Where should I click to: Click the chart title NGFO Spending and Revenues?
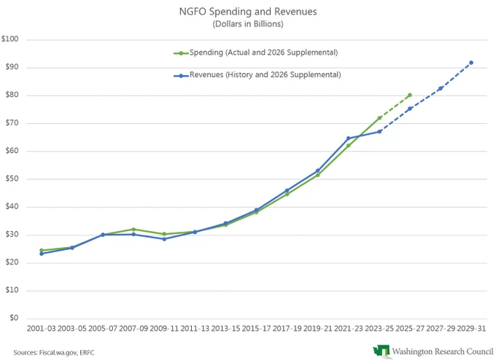click(248, 12)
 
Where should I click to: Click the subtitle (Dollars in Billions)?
click(248, 24)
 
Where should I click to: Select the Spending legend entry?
click(256, 52)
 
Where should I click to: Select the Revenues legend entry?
click(257, 75)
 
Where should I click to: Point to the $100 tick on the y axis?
click(9, 39)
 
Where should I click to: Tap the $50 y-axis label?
click(12, 179)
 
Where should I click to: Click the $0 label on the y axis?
click(14, 318)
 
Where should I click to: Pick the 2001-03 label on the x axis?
click(41, 329)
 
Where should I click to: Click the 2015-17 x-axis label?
click(256, 329)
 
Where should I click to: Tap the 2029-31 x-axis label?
click(471, 329)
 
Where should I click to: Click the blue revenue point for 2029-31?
click(471, 63)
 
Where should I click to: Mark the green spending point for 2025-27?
click(410, 95)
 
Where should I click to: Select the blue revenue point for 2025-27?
click(410, 109)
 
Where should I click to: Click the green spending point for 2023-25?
click(379, 118)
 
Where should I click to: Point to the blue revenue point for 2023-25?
click(379, 131)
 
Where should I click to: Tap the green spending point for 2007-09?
click(133, 229)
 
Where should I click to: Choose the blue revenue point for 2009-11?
click(164, 239)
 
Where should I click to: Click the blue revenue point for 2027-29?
click(441, 88)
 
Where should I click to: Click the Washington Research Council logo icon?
click(381, 351)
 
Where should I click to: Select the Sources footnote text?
click(54, 353)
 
